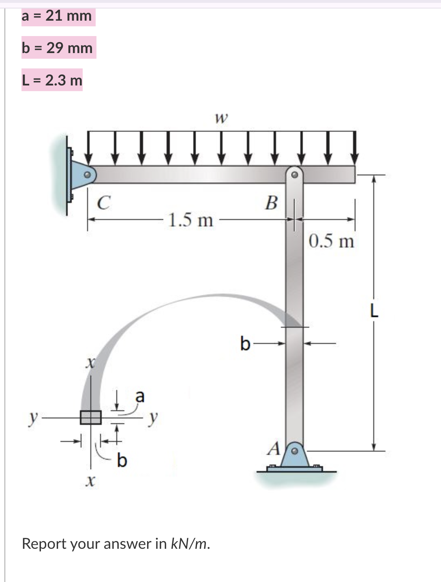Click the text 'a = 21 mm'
coord(57,16)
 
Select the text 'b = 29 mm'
coord(58,48)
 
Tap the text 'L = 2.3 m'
coord(52,80)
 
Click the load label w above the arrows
coord(221,118)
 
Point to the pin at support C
coord(86,175)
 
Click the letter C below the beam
coord(104,203)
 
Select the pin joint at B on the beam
coord(295,175)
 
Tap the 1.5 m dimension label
coord(191,220)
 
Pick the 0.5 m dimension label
coord(331,241)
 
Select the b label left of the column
coord(245,344)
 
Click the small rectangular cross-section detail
coord(90,417)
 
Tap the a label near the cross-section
coord(139,396)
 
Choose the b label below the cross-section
coord(122,460)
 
